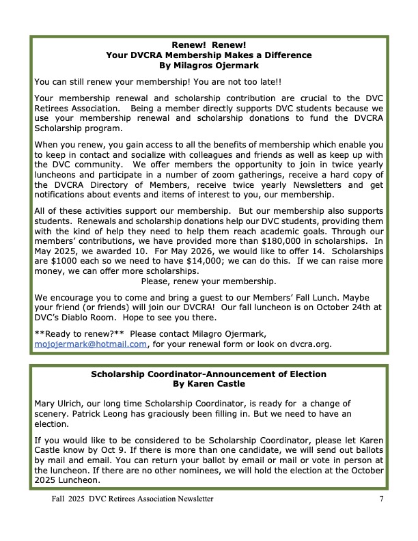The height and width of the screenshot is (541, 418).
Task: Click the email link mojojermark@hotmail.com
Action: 91,344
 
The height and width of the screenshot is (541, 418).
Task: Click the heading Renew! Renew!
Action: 208,44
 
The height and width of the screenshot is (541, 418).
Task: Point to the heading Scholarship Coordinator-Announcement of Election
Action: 208,374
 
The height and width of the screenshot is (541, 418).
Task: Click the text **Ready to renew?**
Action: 79,334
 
